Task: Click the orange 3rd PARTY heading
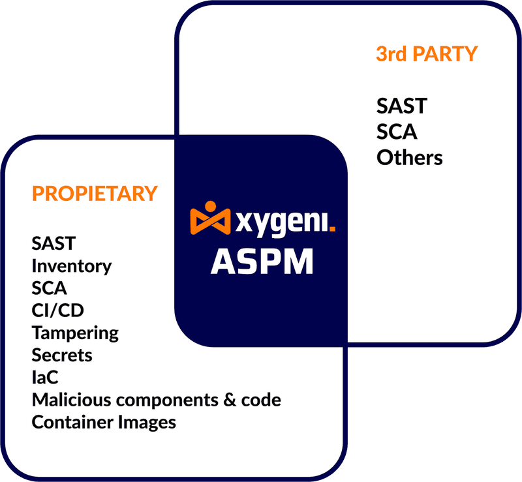point(427,53)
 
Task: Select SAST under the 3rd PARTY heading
point(401,106)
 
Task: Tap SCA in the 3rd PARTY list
point(397,132)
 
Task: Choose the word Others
point(409,158)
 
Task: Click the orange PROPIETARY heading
point(95,194)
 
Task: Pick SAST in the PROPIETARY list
point(54,244)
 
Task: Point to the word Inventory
point(72,266)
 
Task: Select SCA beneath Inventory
point(50,288)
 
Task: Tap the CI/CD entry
point(57,310)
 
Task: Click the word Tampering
point(75,333)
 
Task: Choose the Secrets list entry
point(62,355)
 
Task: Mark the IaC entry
point(45,378)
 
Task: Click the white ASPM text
point(262,262)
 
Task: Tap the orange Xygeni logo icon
point(210,218)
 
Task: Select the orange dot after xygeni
point(332,228)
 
